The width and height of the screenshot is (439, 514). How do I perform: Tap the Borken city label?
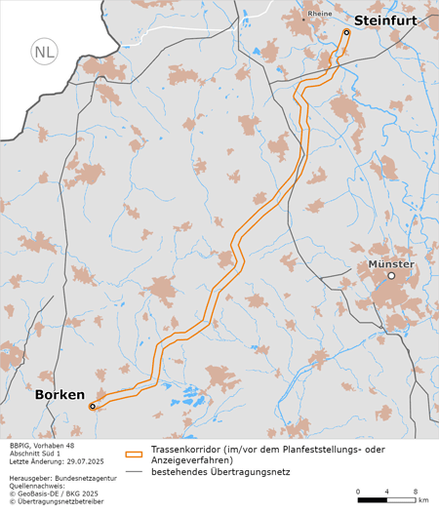[x=60, y=395]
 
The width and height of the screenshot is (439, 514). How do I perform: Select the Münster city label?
[x=391, y=263]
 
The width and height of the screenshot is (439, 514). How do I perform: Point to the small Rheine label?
[x=320, y=15]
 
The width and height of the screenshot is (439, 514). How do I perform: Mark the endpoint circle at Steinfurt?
[x=345, y=32]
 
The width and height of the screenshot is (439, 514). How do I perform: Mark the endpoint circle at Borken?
[x=93, y=406]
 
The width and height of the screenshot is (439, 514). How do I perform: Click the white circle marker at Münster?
[x=391, y=276]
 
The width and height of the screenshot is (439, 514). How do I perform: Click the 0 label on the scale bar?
[x=358, y=490]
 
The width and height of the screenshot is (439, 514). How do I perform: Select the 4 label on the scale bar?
[x=388, y=490]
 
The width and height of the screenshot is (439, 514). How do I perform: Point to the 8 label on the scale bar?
[x=418, y=490]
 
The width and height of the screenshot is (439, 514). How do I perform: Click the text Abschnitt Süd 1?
[x=35, y=454]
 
